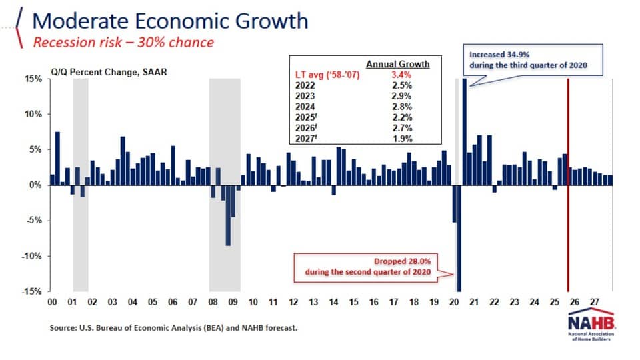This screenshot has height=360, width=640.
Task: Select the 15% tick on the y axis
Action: pos(33,79)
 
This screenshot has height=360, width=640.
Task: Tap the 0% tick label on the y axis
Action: pos(35,185)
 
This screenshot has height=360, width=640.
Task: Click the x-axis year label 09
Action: pos(233,303)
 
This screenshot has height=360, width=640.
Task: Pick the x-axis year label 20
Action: pos(455,303)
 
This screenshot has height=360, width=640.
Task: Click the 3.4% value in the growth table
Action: pos(403,75)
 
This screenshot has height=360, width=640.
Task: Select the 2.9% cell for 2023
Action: pos(403,97)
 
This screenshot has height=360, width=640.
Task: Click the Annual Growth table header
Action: pos(398,65)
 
